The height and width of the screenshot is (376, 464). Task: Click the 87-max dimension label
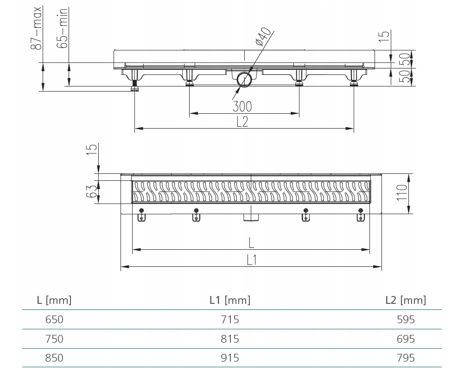point(37,28)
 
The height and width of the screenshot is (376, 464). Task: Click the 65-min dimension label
point(63,28)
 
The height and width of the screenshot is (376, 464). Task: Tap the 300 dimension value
point(242,106)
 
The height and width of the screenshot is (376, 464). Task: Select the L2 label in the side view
point(242,122)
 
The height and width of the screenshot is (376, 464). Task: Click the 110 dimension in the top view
point(402,192)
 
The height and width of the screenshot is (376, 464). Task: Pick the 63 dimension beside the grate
point(91,191)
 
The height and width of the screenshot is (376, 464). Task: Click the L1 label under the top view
point(252,260)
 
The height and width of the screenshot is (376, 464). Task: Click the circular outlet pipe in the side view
point(244,79)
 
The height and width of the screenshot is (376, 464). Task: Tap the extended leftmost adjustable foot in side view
point(135,80)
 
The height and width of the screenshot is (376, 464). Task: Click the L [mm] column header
point(54,300)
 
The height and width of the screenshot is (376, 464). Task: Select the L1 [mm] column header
point(230,300)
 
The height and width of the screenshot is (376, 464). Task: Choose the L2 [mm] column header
point(406,300)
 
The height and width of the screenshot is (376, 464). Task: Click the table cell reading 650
point(54,319)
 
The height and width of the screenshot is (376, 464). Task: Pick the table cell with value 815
point(230,339)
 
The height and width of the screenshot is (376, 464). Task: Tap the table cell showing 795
point(406,358)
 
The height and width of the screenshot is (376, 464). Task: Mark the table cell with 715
point(230,319)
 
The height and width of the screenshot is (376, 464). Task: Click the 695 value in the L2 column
point(406,339)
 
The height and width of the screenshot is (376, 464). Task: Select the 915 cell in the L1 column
point(230,358)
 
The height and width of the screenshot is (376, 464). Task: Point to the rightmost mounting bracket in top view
point(361,215)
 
